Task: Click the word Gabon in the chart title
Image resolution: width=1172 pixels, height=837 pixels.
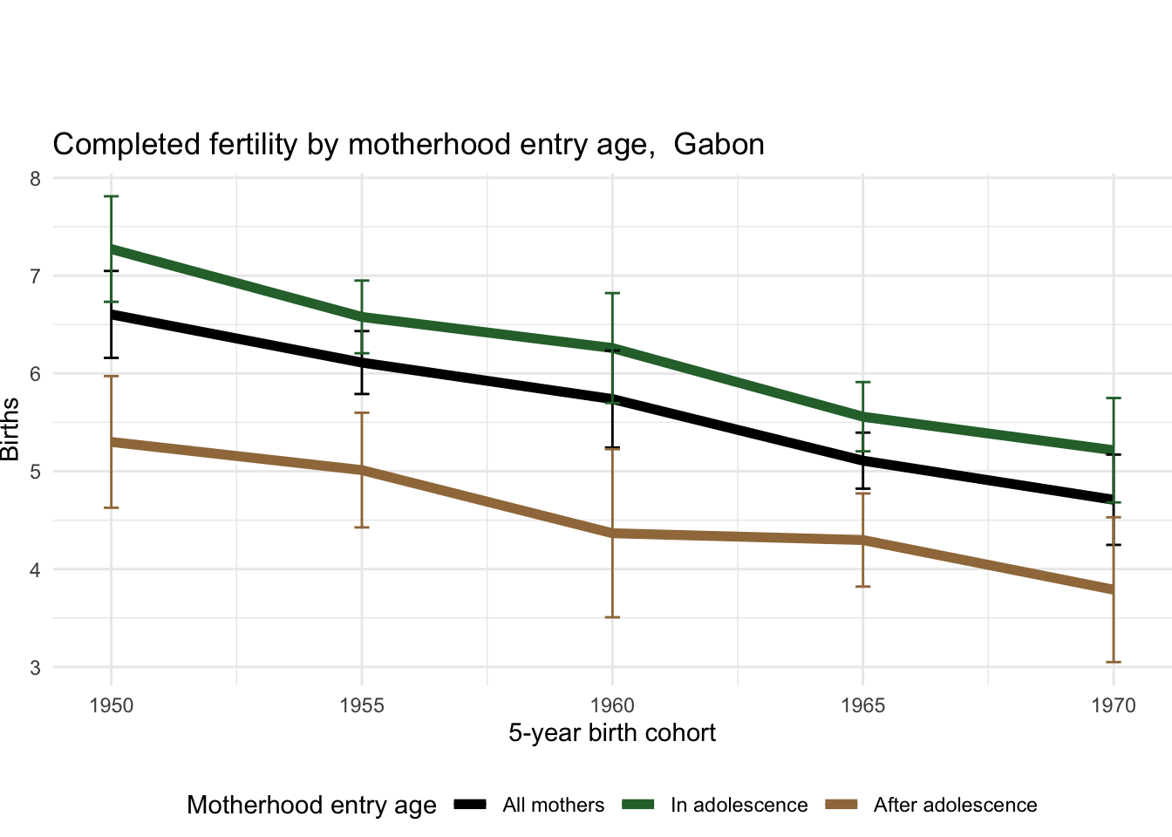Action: click(719, 144)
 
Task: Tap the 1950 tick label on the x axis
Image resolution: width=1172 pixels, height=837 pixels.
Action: click(112, 705)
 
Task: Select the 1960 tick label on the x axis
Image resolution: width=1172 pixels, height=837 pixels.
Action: click(612, 705)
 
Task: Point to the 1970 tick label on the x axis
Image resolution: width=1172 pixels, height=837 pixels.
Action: click(1114, 705)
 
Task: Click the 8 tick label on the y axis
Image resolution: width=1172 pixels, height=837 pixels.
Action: click(35, 179)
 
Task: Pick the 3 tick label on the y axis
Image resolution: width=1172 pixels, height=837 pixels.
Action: click(35, 668)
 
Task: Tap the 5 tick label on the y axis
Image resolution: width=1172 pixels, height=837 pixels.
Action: click(35, 473)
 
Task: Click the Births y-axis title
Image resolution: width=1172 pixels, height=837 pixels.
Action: click(10, 429)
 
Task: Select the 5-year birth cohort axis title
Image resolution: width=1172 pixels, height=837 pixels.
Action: click(612, 733)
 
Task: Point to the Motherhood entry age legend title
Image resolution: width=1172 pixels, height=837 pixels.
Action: click(311, 805)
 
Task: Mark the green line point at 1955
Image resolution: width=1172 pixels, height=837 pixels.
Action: click(362, 316)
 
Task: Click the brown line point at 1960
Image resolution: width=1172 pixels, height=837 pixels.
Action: click(612, 533)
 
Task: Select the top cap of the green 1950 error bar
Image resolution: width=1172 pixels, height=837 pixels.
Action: click(112, 197)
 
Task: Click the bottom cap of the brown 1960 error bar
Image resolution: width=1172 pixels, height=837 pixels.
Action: click(612, 617)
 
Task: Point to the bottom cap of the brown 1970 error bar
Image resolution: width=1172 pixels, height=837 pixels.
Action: click(1114, 662)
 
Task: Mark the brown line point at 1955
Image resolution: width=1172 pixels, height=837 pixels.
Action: click(362, 470)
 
